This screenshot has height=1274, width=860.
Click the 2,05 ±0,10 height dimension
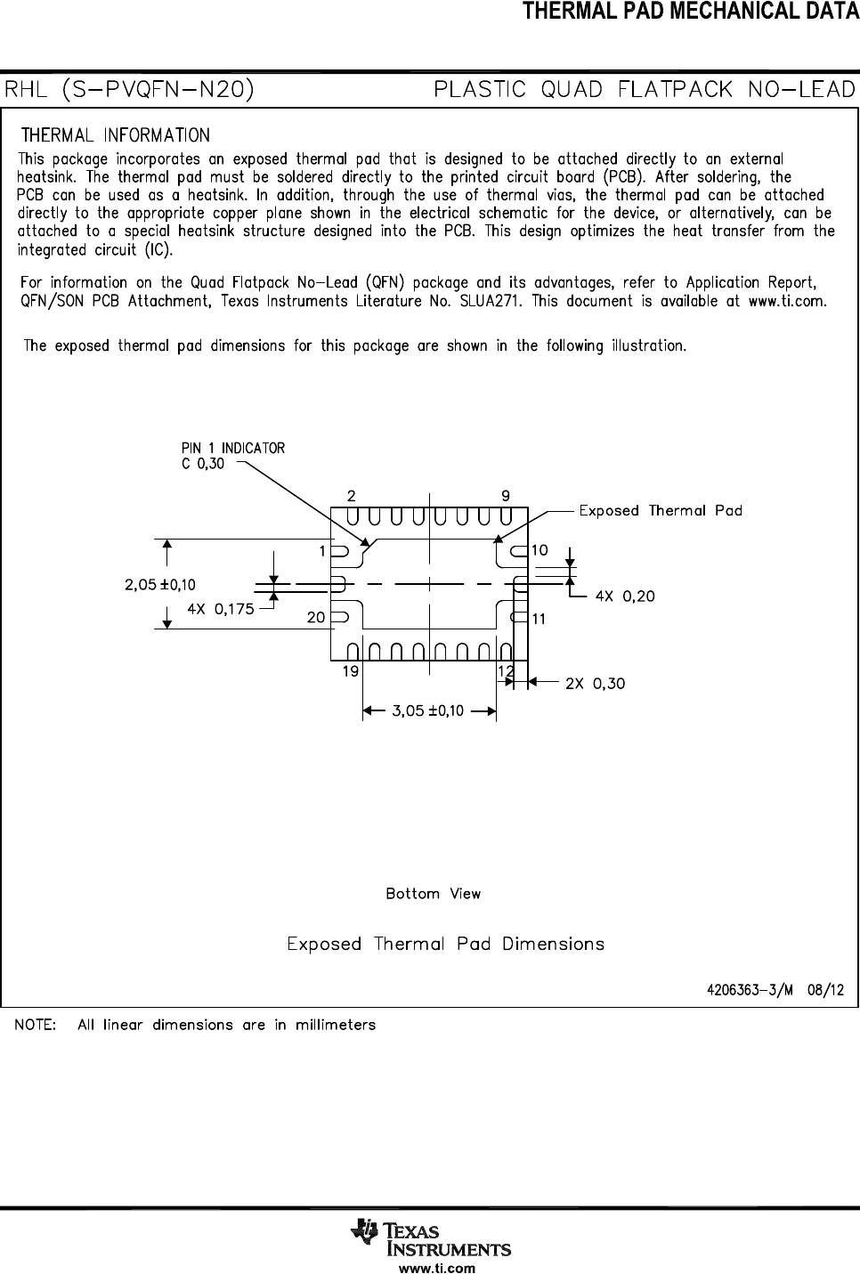[x=160, y=585]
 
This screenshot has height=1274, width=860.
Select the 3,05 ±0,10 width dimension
[x=427, y=710]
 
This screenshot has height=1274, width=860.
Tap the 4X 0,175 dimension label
[x=221, y=609]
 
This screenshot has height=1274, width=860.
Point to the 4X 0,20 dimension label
[x=625, y=596]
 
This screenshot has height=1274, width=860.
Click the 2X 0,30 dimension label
[x=595, y=683]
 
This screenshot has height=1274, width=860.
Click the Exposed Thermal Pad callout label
[x=661, y=510]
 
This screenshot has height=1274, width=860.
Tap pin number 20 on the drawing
[x=316, y=618]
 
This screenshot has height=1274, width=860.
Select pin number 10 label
[x=540, y=550]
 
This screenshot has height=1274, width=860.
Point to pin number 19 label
[x=351, y=671]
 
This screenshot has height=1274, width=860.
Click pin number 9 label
[x=506, y=495]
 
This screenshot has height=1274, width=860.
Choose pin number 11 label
[x=539, y=619]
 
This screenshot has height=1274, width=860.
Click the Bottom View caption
[x=434, y=894]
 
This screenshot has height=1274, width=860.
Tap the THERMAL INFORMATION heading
[x=116, y=135]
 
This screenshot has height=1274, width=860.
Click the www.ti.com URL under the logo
[x=437, y=1268]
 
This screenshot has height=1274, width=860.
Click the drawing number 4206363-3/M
[x=750, y=990]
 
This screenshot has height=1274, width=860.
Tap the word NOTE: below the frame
[x=36, y=1025]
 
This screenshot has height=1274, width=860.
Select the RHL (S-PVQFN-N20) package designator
[x=129, y=90]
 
